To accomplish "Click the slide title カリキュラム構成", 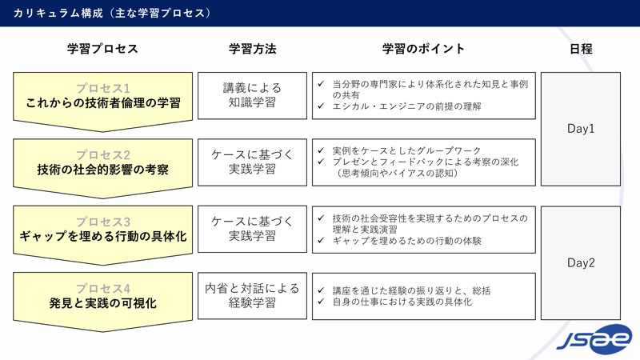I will click(x=112, y=14).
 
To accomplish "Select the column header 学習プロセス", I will click(x=102, y=49).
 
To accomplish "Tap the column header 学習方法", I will click(x=252, y=49).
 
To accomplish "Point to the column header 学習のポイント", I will click(x=423, y=49).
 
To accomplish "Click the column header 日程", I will click(x=581, y=49).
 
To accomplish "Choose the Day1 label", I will click(x=581, y=128).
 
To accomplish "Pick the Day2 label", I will click(x=581, y=262).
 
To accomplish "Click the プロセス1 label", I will click(x=102, y=88).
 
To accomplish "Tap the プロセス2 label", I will click(x=102, y=154).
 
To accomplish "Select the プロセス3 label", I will click(x=102, y=221).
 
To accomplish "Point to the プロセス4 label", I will click(x=102, y=288).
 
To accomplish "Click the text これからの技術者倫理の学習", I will click(x=102, y=102).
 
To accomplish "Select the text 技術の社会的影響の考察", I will click(x=102, y=169).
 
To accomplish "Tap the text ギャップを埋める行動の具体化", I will click(x=102, y=236).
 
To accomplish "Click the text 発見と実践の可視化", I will click(x=102, y=303).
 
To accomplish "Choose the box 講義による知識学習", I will click(x=252, y=96).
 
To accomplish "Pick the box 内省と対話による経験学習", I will click(x=252, y=295).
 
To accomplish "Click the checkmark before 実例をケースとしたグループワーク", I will click(x=321, y=150).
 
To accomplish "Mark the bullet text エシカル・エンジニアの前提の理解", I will click(x=406, y=106).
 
